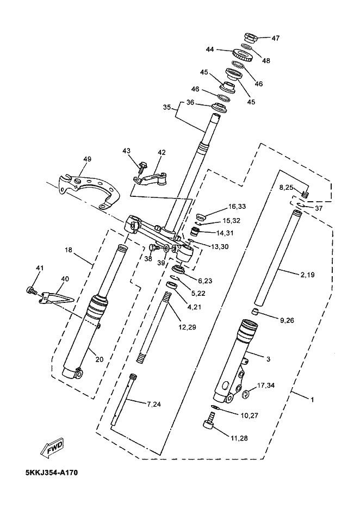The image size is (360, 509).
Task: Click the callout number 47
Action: click(276, 38)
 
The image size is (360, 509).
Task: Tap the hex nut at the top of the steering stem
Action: click(251, 38)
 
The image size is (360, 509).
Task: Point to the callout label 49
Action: click(88, 159)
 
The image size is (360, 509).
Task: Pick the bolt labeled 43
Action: click(142, 167)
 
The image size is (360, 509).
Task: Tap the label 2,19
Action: click(307, 275)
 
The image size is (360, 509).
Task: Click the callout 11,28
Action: click(239, 438)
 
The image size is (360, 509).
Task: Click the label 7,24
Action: click(154, 404)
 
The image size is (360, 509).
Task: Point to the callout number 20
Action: click(100, 359)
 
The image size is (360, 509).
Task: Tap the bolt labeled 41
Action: click(31, 289)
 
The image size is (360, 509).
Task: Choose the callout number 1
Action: click(312, 400)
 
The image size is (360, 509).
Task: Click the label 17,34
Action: click(266, 386)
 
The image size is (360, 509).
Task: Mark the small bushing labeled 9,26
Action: click(256, 312)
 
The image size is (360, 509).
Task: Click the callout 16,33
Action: click(237, 206)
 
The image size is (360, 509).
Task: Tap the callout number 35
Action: click(167, 107)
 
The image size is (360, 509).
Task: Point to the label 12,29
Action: click(187, 327)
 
